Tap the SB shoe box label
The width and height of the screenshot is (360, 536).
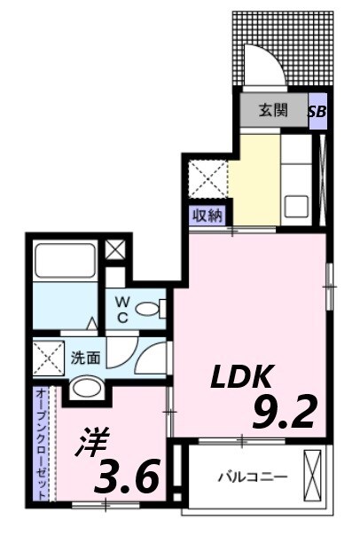click(x=317, y=112)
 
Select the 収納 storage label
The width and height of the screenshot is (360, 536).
click(x=208, y=214)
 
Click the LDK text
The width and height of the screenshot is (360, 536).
click(x=239, y=378)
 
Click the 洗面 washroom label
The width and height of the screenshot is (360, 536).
click(x=86, y=359)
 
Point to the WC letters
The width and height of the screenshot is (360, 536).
click(x=123, y=310)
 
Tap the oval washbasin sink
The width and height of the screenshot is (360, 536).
click(x=87, y=386)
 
